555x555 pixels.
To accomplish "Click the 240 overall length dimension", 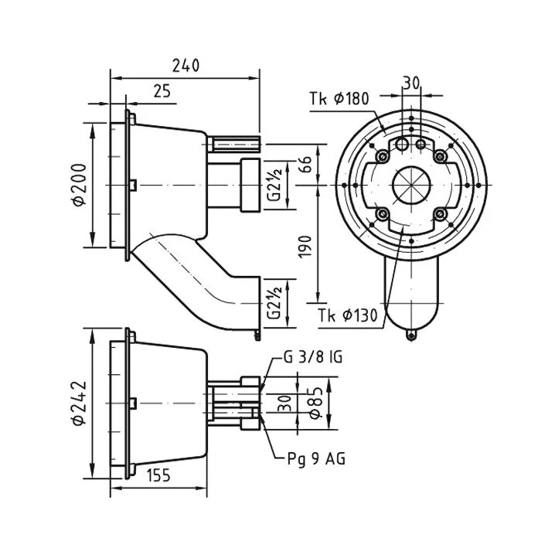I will [x=186, y=65].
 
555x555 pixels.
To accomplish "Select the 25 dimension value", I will [x=162, y=91].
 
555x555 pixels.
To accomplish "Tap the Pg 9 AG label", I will [x=311, y=458].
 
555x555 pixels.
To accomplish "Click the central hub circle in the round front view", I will [x=411, y=185].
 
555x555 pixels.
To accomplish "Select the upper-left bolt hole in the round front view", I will [x=383, y=157].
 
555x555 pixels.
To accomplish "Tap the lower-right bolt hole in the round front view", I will [x=439, y=213].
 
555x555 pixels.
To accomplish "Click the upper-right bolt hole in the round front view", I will [x=439, y=157].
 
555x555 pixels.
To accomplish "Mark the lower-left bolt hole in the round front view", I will [x=383, y=213].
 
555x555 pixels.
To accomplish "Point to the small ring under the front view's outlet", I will [x=411, y=334].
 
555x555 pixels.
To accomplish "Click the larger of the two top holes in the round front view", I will [x=402, y=145].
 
